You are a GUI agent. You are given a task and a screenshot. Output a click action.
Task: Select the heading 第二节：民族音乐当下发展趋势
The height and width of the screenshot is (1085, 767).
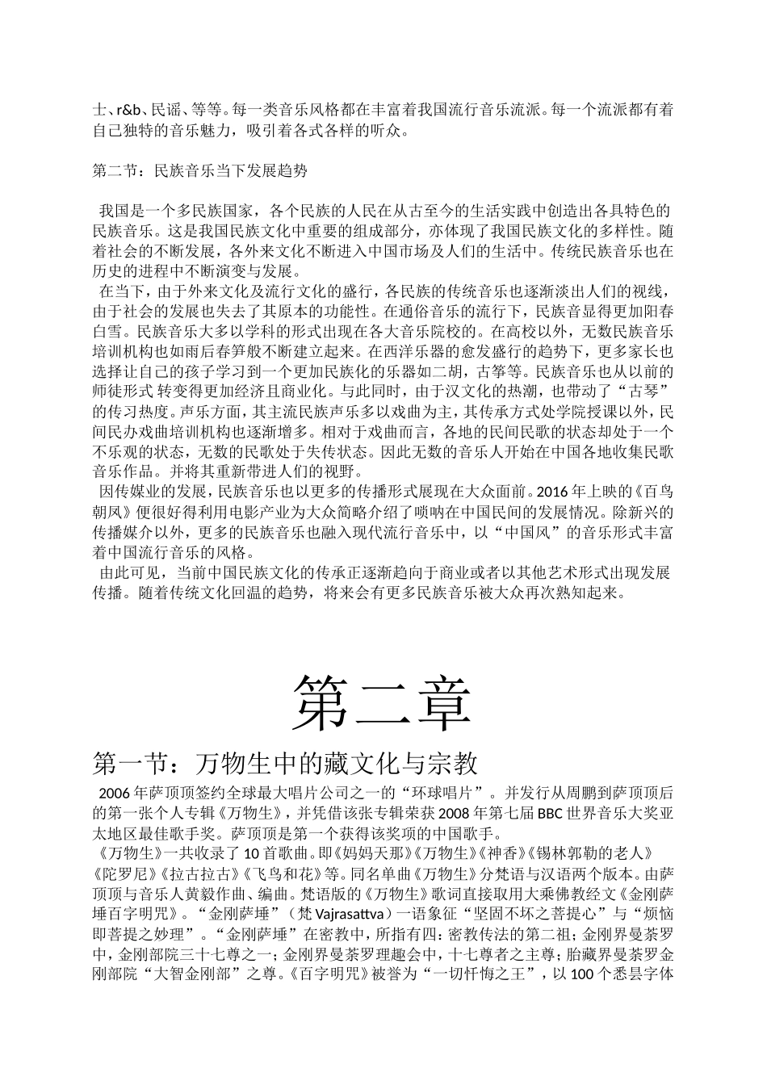pyautogui.click(x=200, y=170)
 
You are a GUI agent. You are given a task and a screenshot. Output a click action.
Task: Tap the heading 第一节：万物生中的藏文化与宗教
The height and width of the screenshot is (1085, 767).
pyautogui.click(x=287, y=761)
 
